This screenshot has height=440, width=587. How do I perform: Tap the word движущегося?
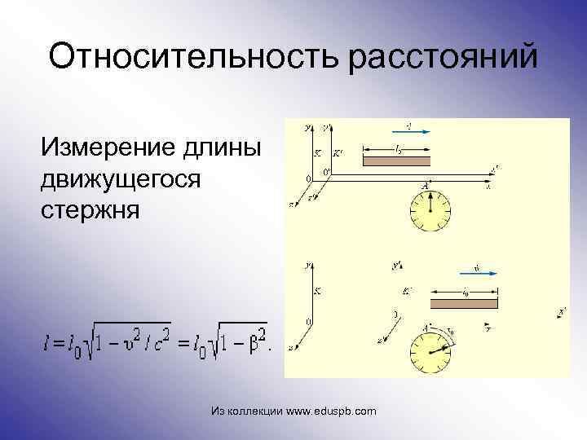(x=121, y=178)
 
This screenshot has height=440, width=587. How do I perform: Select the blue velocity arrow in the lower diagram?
(x=477, y=273)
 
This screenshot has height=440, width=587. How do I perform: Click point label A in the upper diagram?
(x=425, y=186)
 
